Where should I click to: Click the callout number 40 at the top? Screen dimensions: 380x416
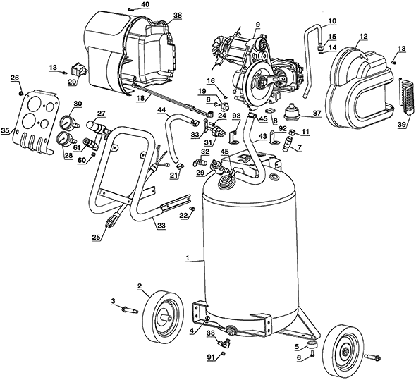pyautogui.click(x=145, y=5)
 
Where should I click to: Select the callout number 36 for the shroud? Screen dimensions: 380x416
pyautogui.click(x=177, y=15)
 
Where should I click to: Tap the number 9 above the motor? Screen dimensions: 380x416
pyautogui.click(x=258, y=25)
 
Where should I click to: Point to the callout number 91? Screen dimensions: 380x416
pyautogui.click(x=209, y=357)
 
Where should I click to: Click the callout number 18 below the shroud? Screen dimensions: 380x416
pyautogui.click(x=140, y=99)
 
